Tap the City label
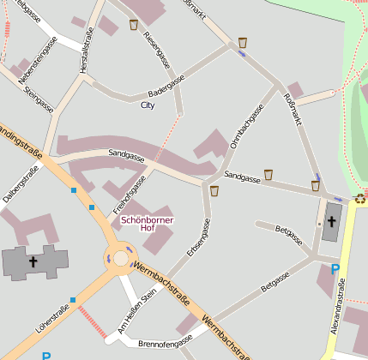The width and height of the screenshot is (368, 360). [148, 105]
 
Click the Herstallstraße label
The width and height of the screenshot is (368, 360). [87, 57]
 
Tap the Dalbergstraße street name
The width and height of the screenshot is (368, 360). [21, 185]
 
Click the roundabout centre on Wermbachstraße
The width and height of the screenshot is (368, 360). [119, 255]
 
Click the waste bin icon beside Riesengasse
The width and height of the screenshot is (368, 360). [134, 25]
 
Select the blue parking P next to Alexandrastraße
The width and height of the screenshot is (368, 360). [335, 268]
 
